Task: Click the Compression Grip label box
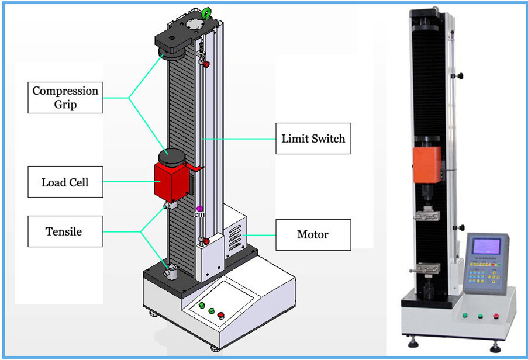coord(65,98)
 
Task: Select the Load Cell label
coord(65,182)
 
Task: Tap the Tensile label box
coord(64,231)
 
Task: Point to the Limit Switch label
coord(313,139)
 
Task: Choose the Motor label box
coord(313,234)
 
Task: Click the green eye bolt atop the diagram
coord(206,13)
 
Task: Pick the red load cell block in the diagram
coord(170,181)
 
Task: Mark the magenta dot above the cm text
coord(199,209)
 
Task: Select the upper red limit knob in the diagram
coord(205,62)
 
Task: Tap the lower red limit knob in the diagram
coord(205,240)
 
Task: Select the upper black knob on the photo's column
coord(461,75)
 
